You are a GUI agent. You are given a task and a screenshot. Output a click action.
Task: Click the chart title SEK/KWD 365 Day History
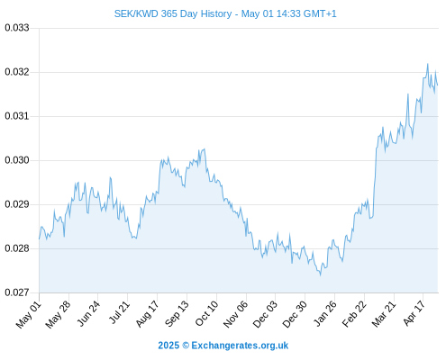pyautogui.click(x=173, y=13)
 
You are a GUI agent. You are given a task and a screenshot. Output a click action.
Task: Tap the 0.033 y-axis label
pyautogui.click(x=17, y=28)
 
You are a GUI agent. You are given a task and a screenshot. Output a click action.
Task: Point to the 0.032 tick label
pyautogui.click(x=17, y=72)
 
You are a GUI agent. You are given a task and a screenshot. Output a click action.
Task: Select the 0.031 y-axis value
pyautogui.click(x=17, y=116)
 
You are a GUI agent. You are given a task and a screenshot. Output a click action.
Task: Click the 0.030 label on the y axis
pyautogui.click(x=17, y=160)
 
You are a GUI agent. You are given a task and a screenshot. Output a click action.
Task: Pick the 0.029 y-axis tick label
pyautogui.click(x=17, y=204)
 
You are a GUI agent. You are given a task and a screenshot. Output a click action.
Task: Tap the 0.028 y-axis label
pyautogui.click(x=17, y=248)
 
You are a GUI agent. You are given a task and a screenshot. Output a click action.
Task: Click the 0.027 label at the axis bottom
pyautogui.click(x=17, y=292)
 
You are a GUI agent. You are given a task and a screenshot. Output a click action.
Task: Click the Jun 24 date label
pyautogui.click(x=88, y=313)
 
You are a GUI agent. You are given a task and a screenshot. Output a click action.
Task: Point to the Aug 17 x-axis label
pyautogui.click(x=147, y=314)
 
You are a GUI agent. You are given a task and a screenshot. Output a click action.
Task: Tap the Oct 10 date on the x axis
pyautogui.click(x=206, y=313)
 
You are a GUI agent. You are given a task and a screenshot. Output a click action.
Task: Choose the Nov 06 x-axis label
pyautogui.click(x=236, y=314)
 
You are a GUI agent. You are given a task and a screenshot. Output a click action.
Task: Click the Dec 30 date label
pyautogui.click(x=295, y=314)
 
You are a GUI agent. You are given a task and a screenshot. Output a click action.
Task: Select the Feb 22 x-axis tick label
pyautogui.click(x=354, y=314)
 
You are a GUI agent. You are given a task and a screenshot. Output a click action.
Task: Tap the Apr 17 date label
pyautogui.click(x=414, y=313)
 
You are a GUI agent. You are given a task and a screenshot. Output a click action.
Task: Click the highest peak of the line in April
pyautogui.click(x=428, y=64)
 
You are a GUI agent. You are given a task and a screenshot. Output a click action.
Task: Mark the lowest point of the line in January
pyautogui.click(x=321, y=275)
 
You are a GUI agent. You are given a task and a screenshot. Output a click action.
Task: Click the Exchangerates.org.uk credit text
pyautogui.click(x=240, y=346)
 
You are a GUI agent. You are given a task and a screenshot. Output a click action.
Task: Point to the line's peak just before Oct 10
pyautogui.click(x=205, y=149)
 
